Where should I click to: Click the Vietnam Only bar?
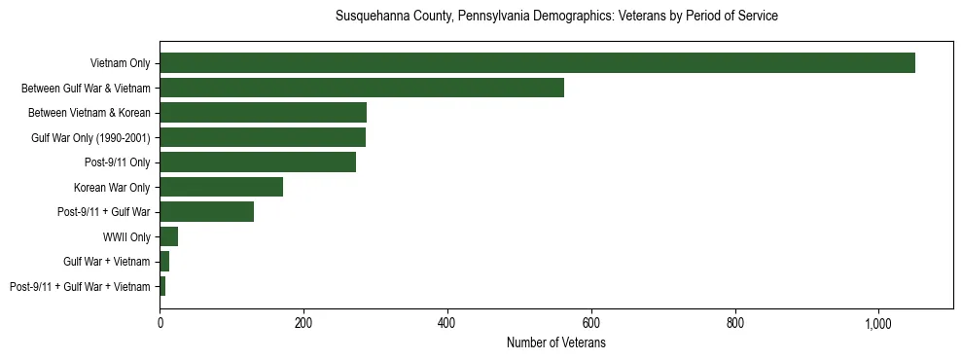(537, 63)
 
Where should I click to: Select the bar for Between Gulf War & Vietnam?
(362, 88)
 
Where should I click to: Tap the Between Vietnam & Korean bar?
(263, 113)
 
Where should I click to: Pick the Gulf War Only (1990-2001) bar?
(263, 137)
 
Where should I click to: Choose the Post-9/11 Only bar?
(258, 162)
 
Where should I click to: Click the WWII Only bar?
(168, 236)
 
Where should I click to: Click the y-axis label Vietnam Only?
(120, 63)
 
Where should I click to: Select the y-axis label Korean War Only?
(112, 187)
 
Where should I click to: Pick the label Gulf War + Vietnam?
(107, 262)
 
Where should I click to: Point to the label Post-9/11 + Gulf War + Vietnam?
(80, 286)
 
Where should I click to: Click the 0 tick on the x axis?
(160, 324)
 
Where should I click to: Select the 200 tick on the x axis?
(303, 324)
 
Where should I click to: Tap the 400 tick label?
(447, 324)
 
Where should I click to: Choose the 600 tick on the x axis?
(591, 324)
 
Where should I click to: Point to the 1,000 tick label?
(878, 324)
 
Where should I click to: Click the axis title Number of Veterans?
(556, 343)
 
